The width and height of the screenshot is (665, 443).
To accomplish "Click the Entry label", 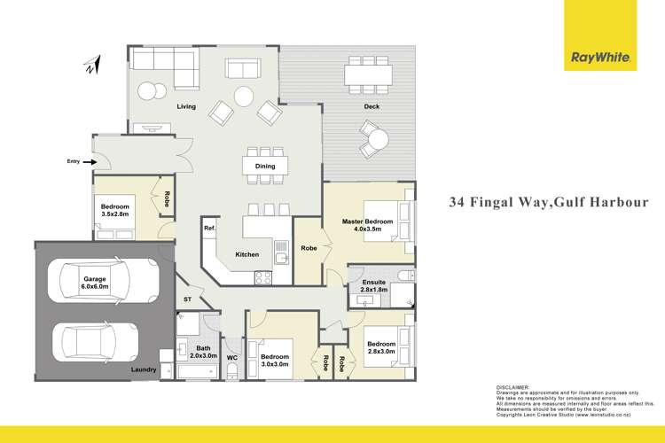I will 73,161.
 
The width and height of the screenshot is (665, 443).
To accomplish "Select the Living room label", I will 185,107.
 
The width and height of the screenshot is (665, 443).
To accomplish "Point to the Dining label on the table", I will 265,166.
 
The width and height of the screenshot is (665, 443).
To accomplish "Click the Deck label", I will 372,107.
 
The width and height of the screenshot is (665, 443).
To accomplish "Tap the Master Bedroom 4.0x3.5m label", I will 368,224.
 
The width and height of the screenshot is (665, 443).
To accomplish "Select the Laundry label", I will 143,369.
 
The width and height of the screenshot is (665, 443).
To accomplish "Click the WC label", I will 231,357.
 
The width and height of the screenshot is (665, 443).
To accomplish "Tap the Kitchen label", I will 247,254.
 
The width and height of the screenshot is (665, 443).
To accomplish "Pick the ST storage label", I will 188,300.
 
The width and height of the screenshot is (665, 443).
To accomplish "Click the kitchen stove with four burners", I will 264,276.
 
